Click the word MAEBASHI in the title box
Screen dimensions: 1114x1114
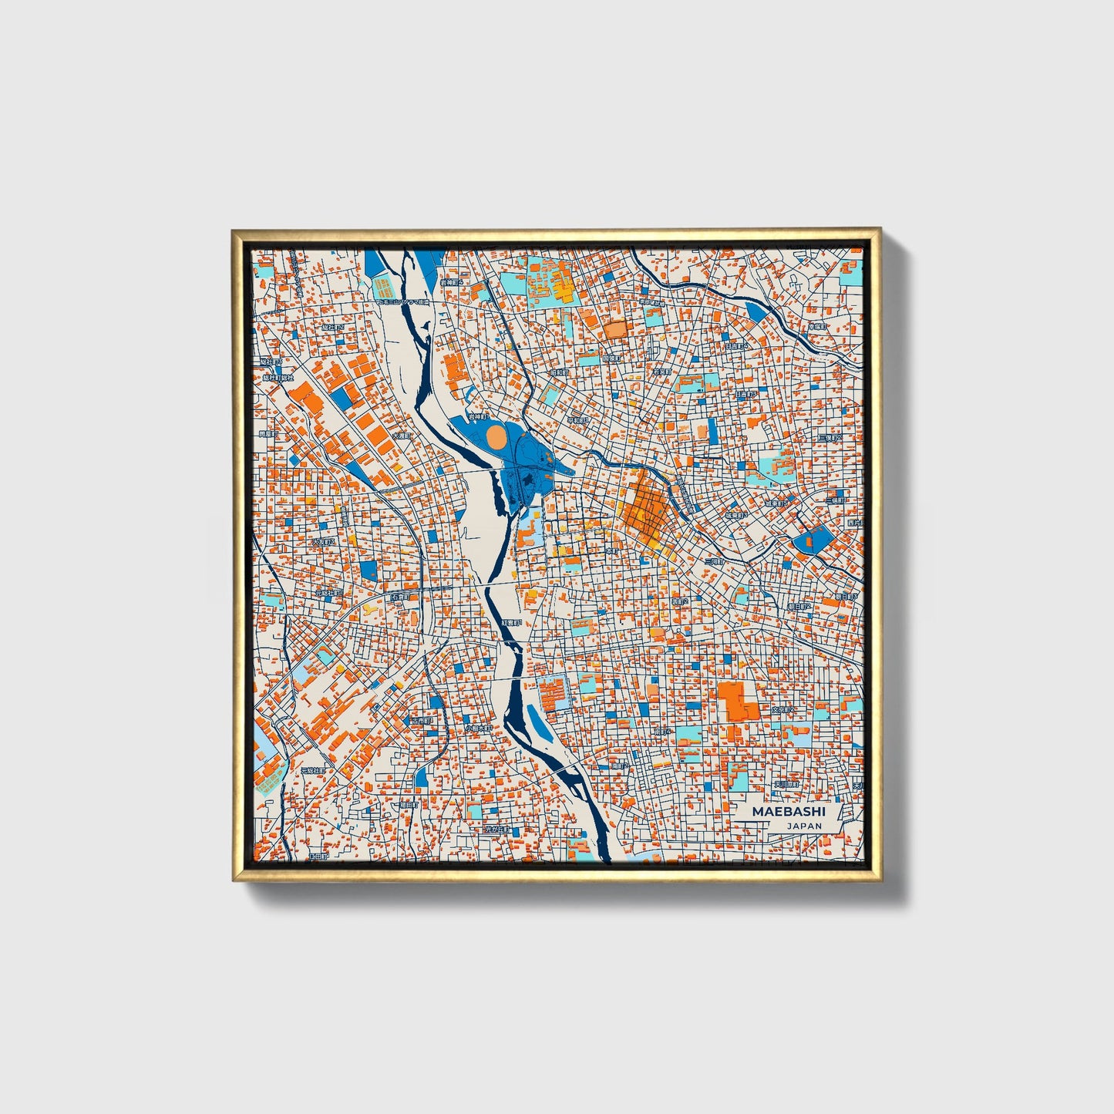point(789,812)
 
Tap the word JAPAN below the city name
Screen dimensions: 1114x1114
point(804,826)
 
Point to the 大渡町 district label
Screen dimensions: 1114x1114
point(401,436)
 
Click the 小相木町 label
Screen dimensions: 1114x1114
point(478,728)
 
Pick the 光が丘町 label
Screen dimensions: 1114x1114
point(497,830)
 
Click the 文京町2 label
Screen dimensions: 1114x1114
point(783,709)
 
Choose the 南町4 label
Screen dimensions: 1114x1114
point(663,731)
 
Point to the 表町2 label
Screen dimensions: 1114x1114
point(679,601)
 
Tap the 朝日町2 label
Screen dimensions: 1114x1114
point(799,607)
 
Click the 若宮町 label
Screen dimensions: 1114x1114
point(661,371)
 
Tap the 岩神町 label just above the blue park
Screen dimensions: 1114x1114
point(478,416)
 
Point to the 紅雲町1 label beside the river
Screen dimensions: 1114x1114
point(512,621)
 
